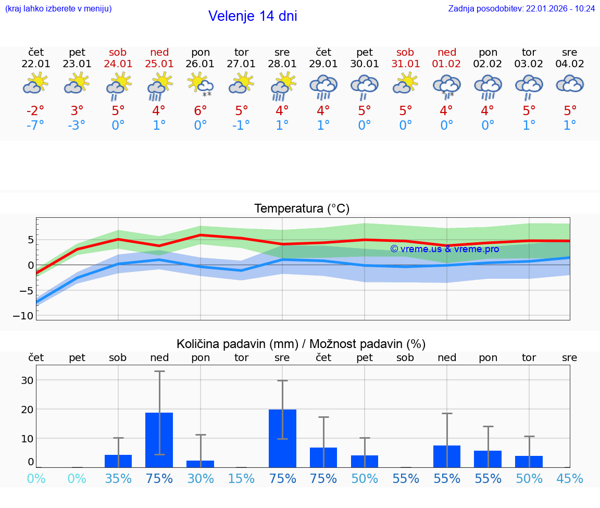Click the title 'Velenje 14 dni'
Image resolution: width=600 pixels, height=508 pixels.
pyautogui.click(x=253, y=16)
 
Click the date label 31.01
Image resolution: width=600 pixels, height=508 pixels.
pyautogui.click(x=405, y=64)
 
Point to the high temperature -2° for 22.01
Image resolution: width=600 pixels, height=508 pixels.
pyautogui.click(x=36, y=110)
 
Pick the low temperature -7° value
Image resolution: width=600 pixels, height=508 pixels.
pyautogui.click(x=36, y=126)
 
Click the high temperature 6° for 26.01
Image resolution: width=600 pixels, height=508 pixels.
pyautogui.click(x=201, y=110)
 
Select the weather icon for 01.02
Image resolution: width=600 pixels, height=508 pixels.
pyautogui.click(x=446, y=85)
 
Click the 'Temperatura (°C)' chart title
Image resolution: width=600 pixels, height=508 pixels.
pyautogui.click(x=302, y=209)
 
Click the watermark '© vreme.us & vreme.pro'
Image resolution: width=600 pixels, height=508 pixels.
pyautogui.click(x=445, y=249)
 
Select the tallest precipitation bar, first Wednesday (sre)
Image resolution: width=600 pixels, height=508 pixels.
pyautogui.click(x=282, y=438)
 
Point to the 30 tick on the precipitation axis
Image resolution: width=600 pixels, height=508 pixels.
pyautogui.click(x=27, y=380)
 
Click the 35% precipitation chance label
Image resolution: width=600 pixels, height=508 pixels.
pyautogui.click(x=118, y=479)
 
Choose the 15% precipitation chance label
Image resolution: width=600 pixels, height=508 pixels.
pyautogui.click(x=242, y=479)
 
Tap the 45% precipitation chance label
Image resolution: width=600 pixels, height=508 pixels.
pyautogui.click(x=570, y=479)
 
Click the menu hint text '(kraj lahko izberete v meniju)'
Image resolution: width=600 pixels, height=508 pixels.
pyautogui.click(x=58, y=8)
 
